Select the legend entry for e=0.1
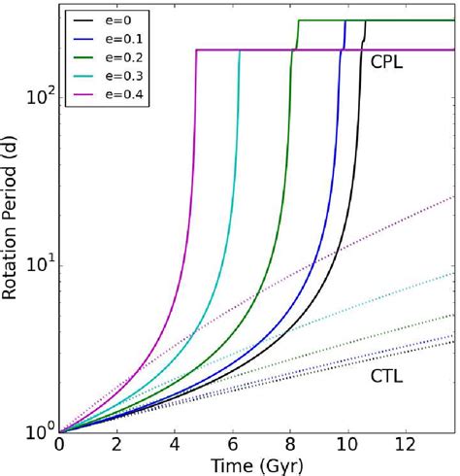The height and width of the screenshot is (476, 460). click(116, 36)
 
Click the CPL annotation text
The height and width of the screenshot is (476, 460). click(387, 60)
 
